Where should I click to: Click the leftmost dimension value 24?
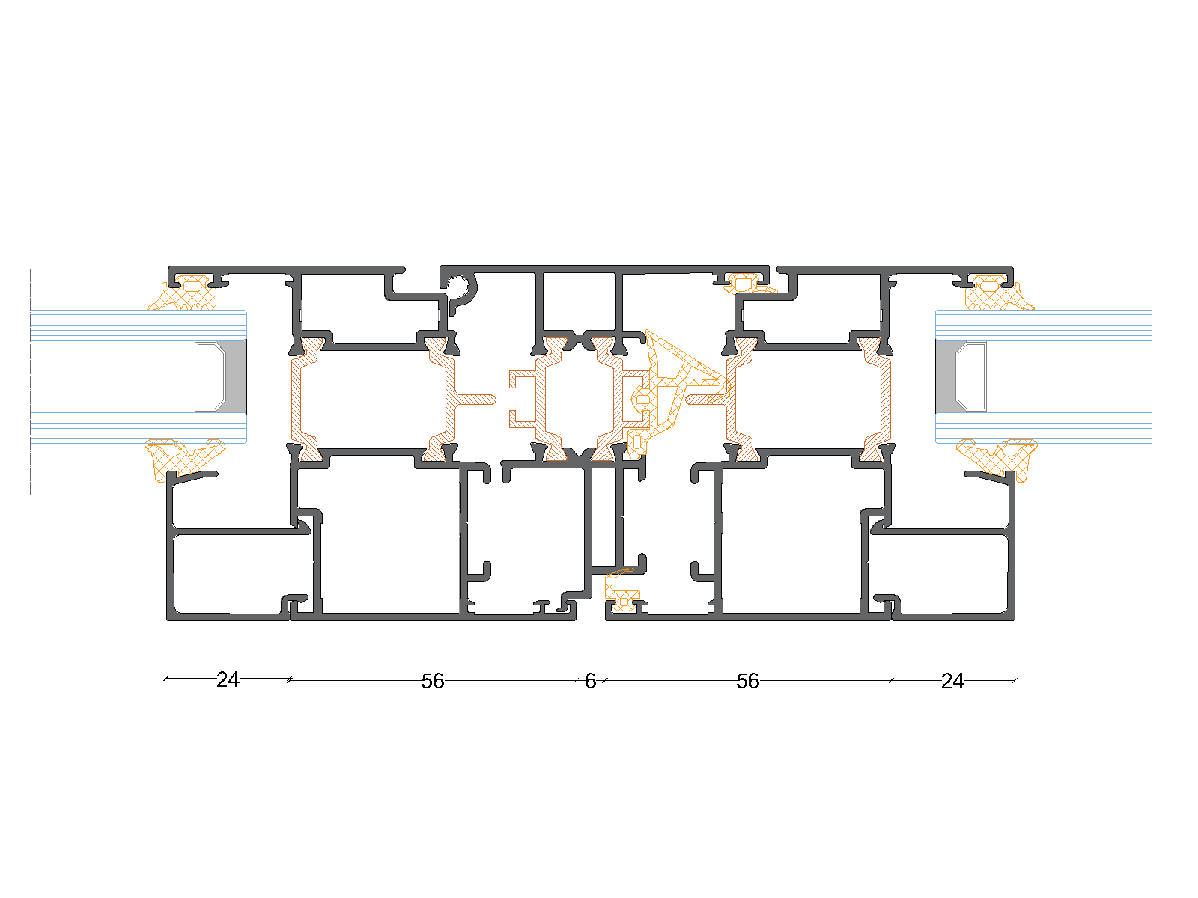[x=228, y=680]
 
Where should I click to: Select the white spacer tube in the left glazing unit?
[x=210, y=376]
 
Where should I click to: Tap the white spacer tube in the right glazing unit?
[x=971, y=376]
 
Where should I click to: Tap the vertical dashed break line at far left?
[x=30, y=382]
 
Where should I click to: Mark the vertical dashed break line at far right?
[x=1167, y=382]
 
